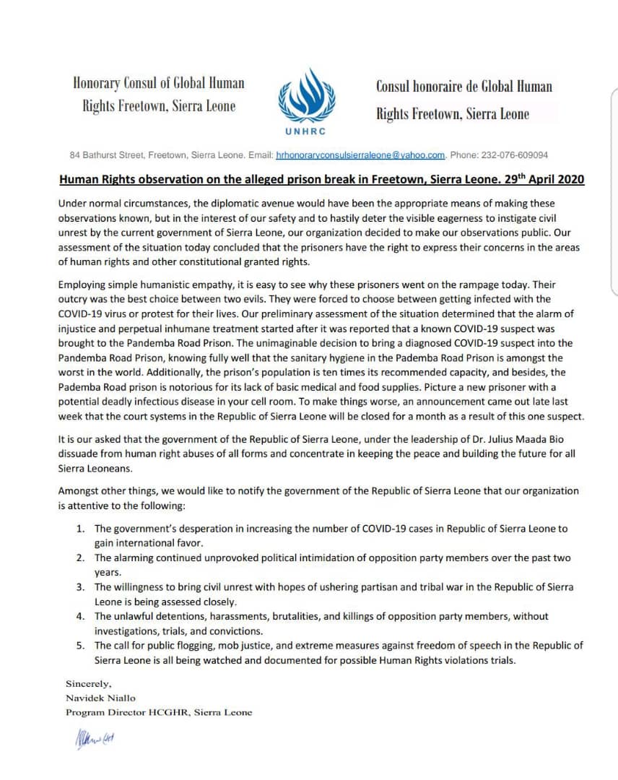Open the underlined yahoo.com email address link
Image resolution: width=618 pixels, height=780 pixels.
click(360, 155)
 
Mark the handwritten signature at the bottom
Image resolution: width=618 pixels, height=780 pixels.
click(94, 737)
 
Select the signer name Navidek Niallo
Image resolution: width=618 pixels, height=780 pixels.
click(100, 698)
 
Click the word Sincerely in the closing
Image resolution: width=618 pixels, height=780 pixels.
click(90, 683)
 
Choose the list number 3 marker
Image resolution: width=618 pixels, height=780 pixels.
click(81, 587)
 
